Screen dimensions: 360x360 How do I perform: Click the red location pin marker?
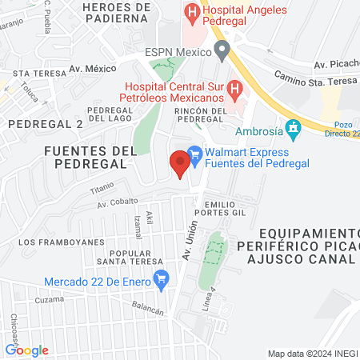point(180,165)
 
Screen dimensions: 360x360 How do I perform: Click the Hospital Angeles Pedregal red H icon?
point(192,13)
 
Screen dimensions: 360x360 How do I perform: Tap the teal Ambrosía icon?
point(294,126)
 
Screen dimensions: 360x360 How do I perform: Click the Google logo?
point(26,350)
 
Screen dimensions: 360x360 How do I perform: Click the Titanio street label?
point(102,190)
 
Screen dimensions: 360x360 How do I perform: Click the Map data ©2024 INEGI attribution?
point(311,353)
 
